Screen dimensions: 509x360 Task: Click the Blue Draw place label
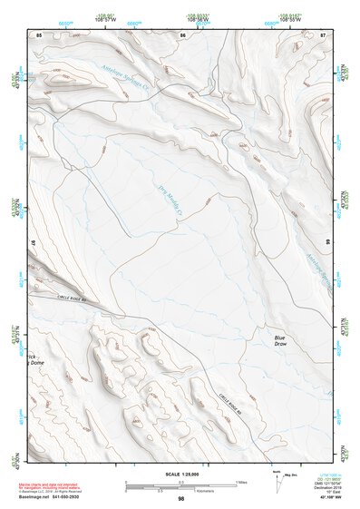tap(286, 341)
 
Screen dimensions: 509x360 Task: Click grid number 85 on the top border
tap(38, 34)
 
